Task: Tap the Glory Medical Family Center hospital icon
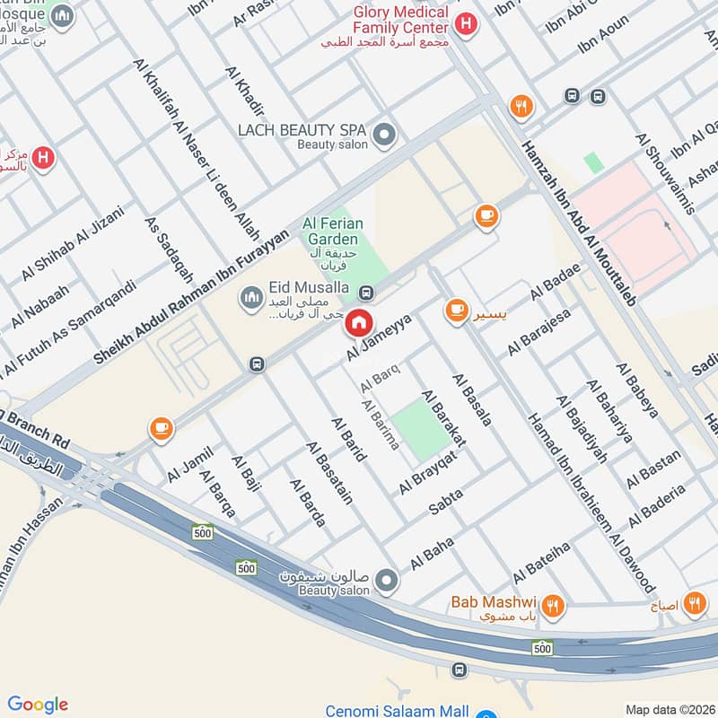click(x=466, y=24)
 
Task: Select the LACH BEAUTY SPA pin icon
click(x=384, y=136)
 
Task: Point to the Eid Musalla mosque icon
click(x=250, y=294)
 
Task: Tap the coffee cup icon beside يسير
click(x=457, y=311)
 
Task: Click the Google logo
click(x=38, y=704)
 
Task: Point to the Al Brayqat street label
click(x=428, y=472)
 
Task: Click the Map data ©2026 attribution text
click(x=669, y=709)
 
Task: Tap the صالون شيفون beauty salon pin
click(x=387, y=581)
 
